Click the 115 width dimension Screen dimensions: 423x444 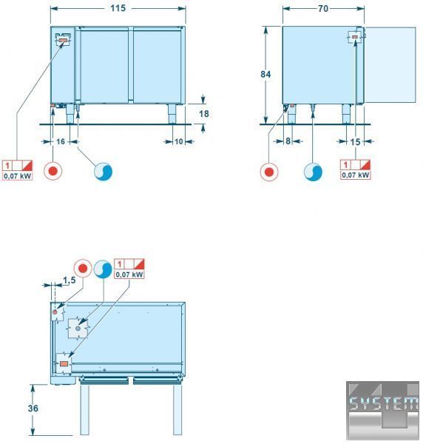point(118,8)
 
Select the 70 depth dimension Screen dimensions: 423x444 point(323,9)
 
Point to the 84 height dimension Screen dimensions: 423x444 point(265,74)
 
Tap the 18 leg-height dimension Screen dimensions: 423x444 point(203,114)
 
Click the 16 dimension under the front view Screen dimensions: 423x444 point(61,141)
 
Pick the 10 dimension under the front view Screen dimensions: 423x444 point(178,141)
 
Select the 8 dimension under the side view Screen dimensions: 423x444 point(288,141)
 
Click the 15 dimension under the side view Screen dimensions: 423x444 point(356,142)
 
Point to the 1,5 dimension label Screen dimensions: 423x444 point(70,280)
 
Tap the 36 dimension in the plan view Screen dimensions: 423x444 point(33,408)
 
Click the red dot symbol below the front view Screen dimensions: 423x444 point(53,171)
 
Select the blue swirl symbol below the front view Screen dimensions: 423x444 point(104,172)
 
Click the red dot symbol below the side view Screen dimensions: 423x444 point(269,172)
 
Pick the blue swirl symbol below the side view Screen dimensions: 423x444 point(313,172)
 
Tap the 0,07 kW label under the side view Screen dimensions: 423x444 point(356,175)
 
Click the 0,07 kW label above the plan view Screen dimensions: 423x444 point(129,275)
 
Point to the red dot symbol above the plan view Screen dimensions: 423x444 point(83,268)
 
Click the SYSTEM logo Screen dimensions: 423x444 point(382,410)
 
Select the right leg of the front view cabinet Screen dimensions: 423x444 point(172,114)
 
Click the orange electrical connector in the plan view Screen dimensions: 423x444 point(64,363)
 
